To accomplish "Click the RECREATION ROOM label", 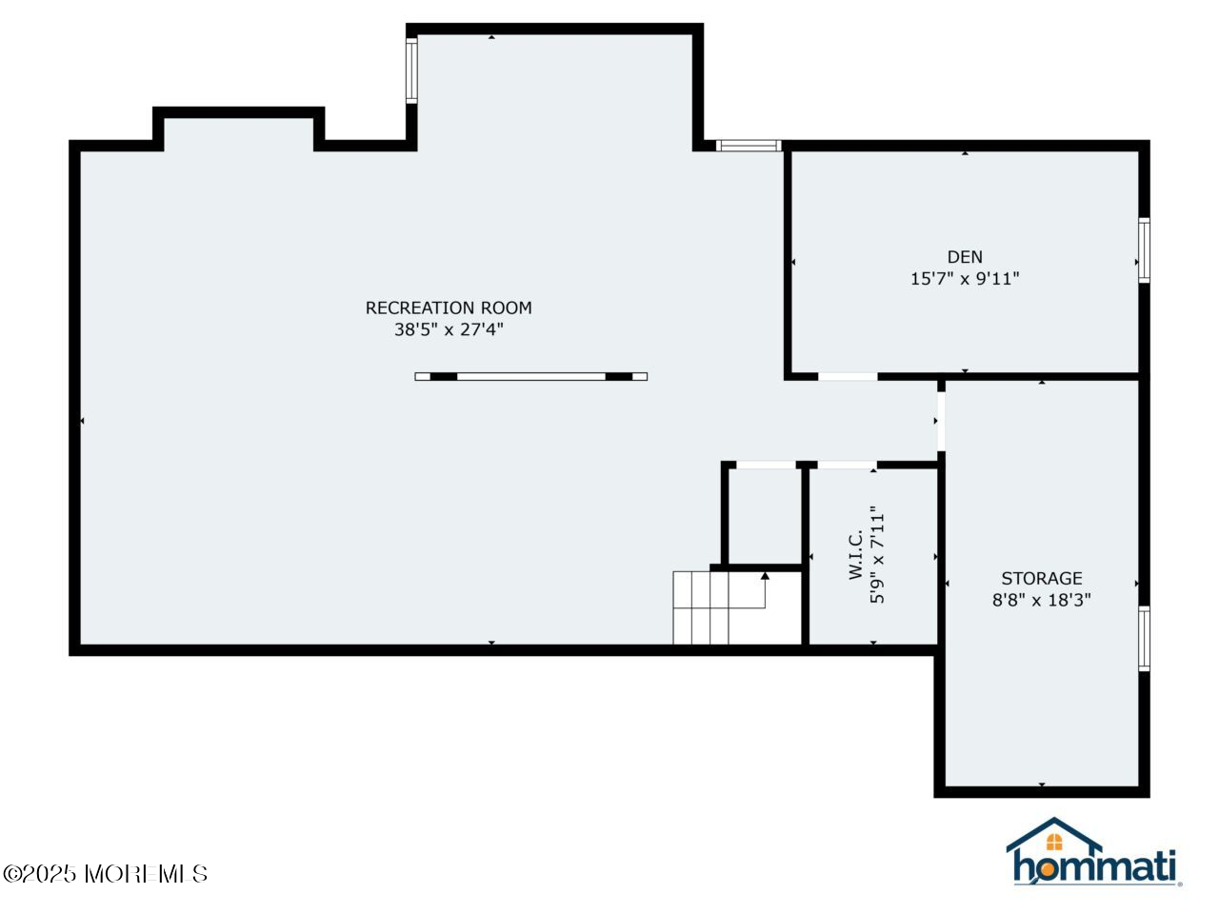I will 449,308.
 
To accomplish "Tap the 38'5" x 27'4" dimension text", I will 449,330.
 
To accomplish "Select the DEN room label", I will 965,257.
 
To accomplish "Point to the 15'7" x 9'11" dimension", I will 965,279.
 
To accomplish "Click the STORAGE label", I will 1042,578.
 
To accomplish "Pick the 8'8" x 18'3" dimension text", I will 1042,600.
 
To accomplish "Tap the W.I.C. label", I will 855,555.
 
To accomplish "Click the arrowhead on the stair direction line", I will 765,575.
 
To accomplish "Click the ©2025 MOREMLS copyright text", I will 105,873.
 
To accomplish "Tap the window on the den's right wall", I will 1144,250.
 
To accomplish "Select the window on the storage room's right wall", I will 1144,639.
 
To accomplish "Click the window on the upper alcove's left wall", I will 411,70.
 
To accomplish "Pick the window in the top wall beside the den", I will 749,146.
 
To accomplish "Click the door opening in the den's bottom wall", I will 848,377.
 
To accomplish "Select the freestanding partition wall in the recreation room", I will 531,376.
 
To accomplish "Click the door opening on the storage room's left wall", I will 941,421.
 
